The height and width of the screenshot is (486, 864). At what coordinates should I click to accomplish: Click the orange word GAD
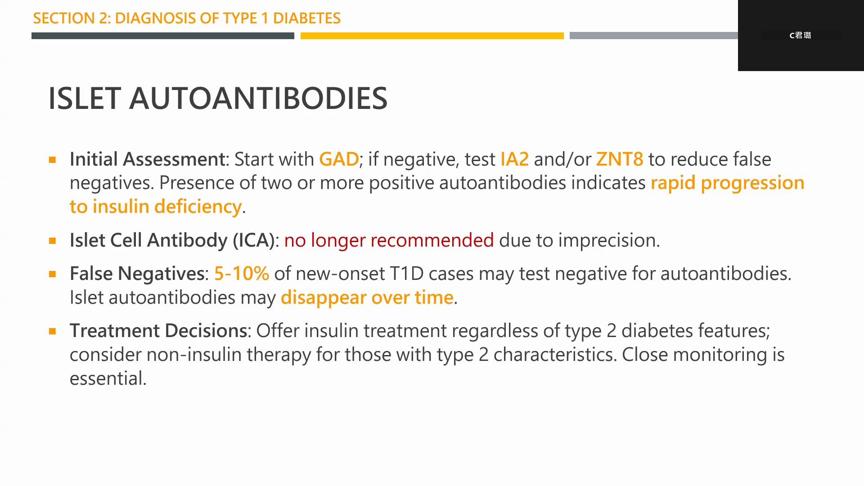pyautogui.click(x=339, y=159)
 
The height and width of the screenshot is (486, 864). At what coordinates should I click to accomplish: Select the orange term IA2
pyautogui.click(x=514, y=159)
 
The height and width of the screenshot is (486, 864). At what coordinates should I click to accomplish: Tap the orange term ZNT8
pyautogui.click(x=620, y=159)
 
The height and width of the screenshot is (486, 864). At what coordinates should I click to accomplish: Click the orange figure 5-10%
pyautogui.click(x=242, y=274)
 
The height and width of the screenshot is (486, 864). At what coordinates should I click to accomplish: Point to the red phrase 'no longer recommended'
pyautogui.click(x=389, y=241)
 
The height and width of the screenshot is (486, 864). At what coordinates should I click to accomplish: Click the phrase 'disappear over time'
pyautogui.click(x=367, y=298)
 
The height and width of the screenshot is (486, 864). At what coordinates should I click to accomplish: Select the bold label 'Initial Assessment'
pyautogui.click(x=147, y=159)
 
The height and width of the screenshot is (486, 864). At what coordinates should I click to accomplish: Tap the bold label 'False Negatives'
pyautogui.click(x=137, y=274)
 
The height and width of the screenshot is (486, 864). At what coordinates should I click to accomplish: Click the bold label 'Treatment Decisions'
pyautogui.click(x=158, y=331)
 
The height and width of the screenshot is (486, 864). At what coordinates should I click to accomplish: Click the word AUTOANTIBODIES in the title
pyautogui.click(x=258, y=99)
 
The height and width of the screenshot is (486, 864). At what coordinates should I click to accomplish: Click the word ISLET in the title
pyautogui.click(x=85, y=99)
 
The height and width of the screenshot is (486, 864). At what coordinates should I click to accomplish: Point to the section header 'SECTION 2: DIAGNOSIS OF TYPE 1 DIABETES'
pyautogui.click(x=187, y=18)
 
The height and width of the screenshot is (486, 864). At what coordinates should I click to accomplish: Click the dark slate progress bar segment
pyautogui.click(x=163, y=36)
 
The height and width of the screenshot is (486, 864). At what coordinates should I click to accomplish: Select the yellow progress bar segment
pyautogui.click(x=432, y=36)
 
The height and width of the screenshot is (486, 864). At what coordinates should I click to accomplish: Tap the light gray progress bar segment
pyautogui.click(x=654, y=36)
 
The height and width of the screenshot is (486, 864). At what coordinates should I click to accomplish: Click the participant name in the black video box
pyautogui.click(x=800, y=35)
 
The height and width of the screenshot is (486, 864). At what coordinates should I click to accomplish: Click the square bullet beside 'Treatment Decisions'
pyautogui.click(x=53, y=331)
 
